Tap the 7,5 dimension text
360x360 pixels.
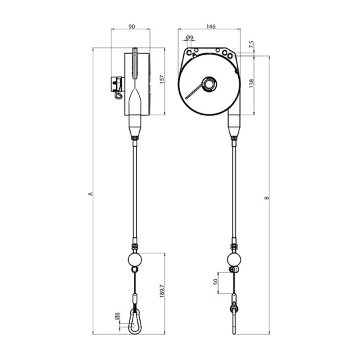click(251, 45)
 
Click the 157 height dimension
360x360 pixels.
click(163, 79)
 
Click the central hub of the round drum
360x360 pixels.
click(209, 85)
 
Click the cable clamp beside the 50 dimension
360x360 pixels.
click(233, 270)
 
